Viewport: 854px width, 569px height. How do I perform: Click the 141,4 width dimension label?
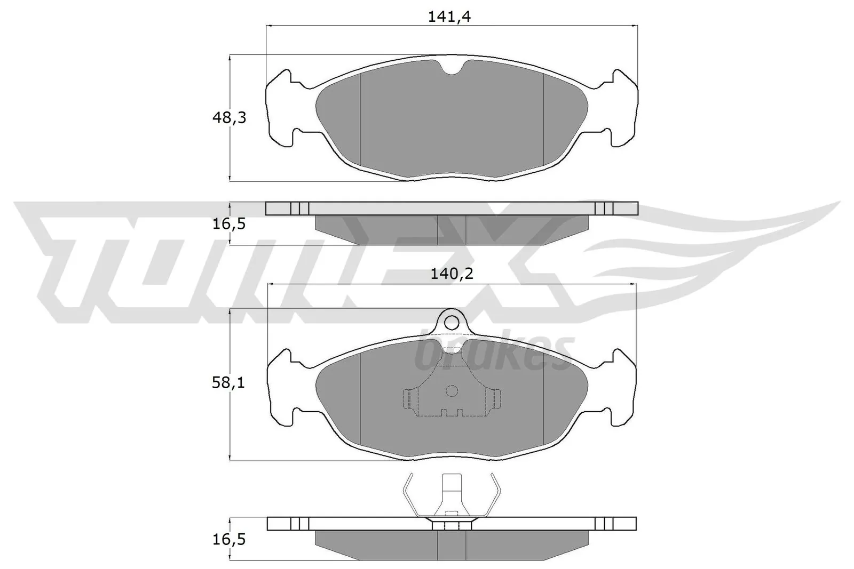[449, 17]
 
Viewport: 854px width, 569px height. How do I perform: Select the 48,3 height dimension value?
[229, 118]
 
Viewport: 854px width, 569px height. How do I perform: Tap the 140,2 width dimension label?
[452, 274]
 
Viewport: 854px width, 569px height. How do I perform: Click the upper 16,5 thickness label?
[229, 224]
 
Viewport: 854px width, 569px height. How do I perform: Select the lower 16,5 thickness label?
[229, 540]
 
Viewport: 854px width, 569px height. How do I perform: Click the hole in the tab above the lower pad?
[452, 322]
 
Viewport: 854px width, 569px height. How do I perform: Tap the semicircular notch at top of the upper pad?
[452, 67]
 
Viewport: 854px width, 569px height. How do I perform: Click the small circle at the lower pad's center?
[452, 391]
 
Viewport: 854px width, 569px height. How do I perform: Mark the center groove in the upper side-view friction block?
[452, 229]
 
